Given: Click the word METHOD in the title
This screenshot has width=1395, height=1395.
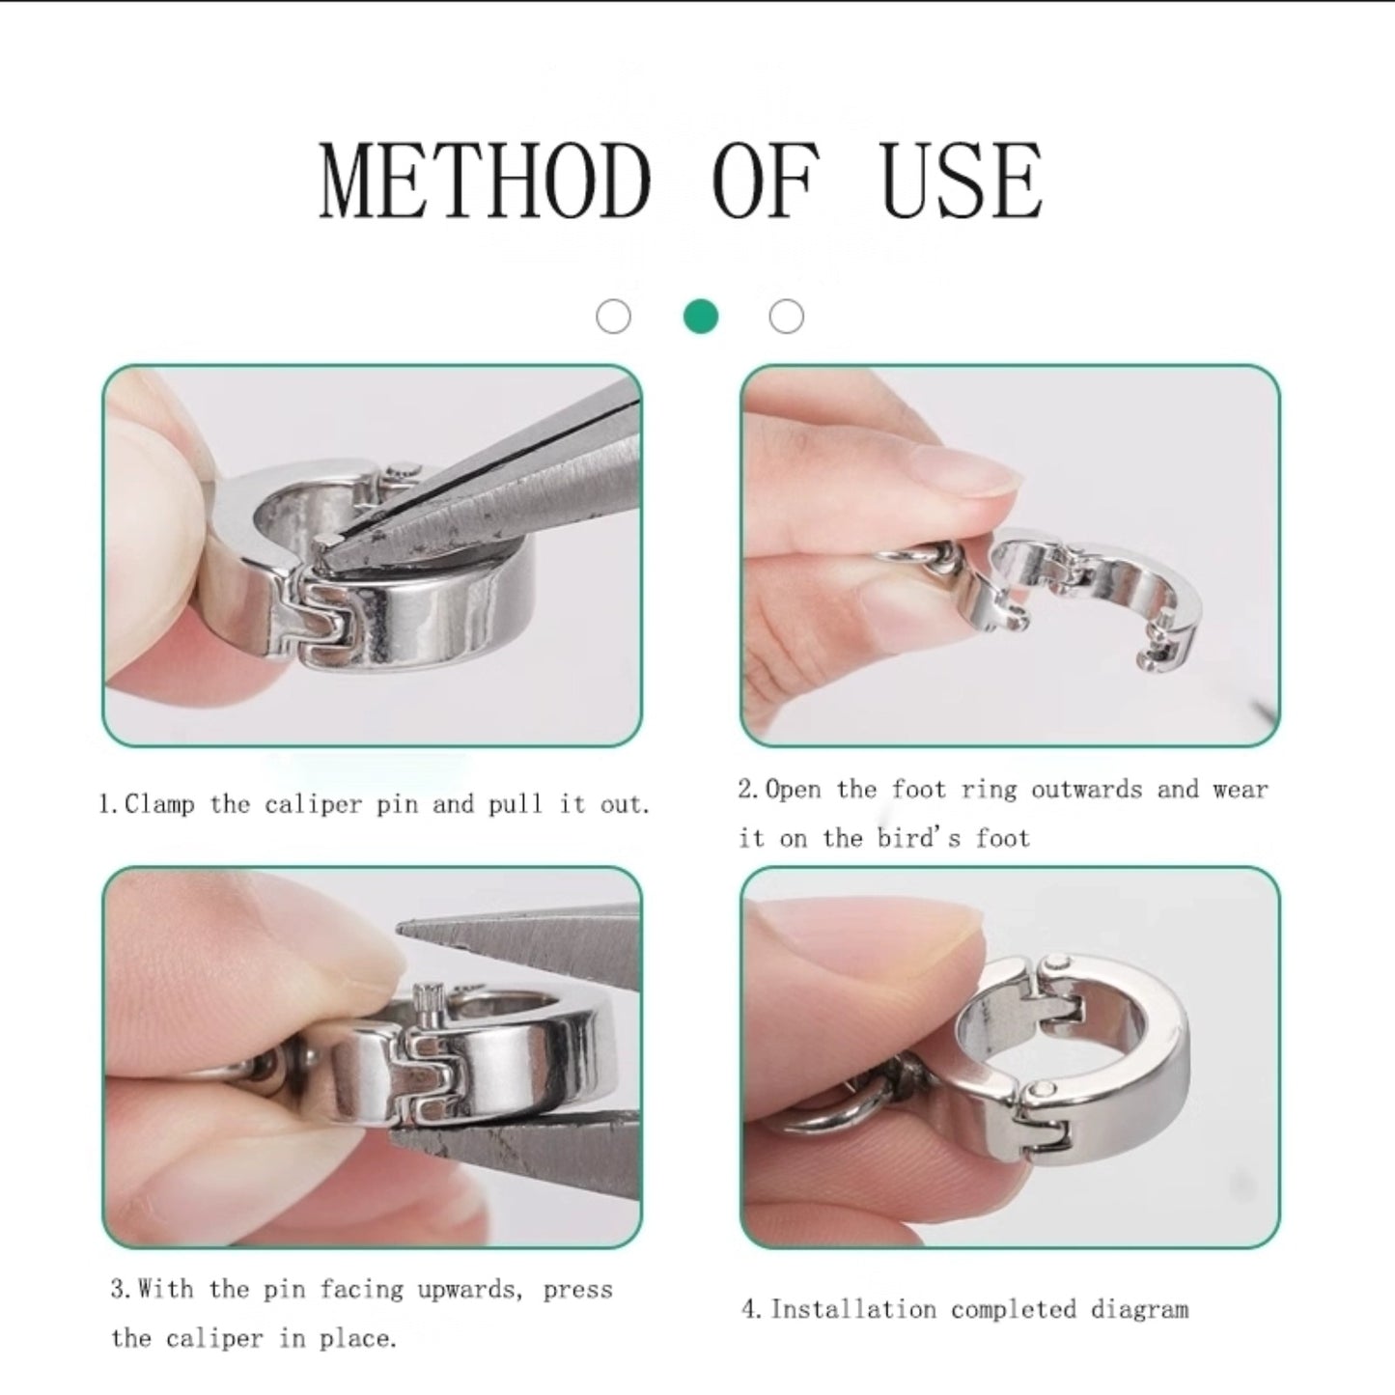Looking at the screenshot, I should [x=485, y=181].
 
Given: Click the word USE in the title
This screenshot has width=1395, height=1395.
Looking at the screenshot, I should [x=962, y=181].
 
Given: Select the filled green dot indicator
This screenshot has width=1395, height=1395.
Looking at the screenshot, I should [x=701, y=317].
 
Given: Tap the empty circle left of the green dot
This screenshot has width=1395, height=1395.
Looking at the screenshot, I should [x=614, y=317].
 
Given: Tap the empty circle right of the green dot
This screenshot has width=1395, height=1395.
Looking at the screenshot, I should [x=787, y=317].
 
